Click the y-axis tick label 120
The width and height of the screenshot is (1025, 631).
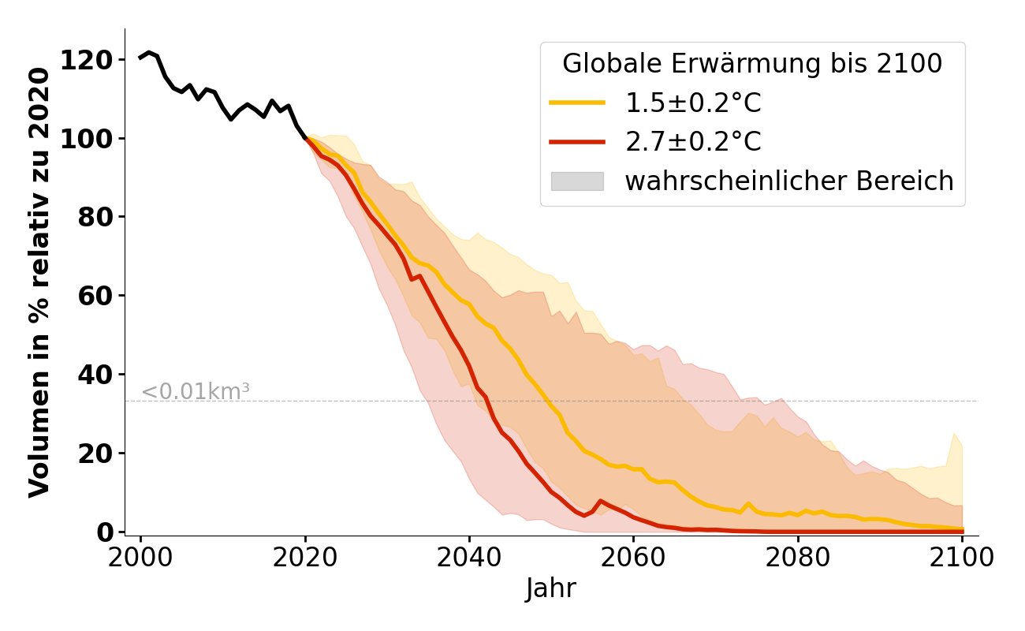coord(85,60)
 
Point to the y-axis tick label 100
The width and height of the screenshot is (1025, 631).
coord(85,139)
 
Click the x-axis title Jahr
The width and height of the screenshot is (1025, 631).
coord(551,588)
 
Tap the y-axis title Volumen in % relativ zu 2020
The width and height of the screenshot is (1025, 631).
coord(39,282)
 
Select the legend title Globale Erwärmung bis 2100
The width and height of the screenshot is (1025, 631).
coord(752,64)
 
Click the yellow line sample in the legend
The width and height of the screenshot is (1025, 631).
coord(577,103)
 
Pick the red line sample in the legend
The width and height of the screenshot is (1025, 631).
coord(577,142)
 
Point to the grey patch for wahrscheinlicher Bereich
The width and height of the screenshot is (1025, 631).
coord(577,181)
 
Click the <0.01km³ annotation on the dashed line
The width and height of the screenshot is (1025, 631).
coord(196,391)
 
